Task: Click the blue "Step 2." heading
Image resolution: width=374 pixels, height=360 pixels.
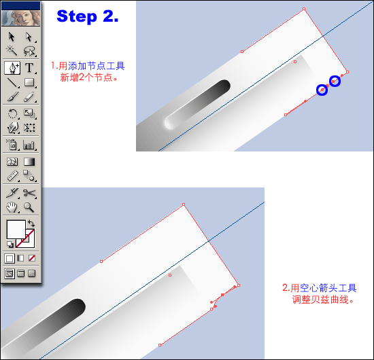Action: [x=88, y=17]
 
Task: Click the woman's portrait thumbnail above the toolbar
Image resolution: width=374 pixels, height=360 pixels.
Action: [x=21, y=18]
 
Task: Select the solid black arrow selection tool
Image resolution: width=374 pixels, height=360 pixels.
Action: [x=12, y=37]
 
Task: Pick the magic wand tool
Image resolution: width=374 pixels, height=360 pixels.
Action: [x=12, y=50]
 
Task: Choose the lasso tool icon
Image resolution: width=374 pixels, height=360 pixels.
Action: [x=29, y=51]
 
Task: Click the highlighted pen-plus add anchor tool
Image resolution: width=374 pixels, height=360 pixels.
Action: [x=12, y=68]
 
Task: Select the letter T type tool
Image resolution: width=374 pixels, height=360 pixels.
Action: [x=29, y=68]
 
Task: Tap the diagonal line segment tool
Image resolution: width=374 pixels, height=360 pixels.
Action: [x=12, y=83]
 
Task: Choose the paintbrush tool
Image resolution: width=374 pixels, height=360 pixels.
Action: [x=13, y=96]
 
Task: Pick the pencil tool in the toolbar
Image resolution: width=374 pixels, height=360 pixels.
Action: [x=29, y=96]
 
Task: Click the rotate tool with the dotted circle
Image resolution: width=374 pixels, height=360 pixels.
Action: [x=12, y=113]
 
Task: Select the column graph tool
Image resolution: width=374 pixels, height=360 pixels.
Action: [x=29, y=145]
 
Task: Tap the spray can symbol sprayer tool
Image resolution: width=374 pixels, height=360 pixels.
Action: [x=12, y=145]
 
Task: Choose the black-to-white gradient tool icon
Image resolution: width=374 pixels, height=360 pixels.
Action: [x=29, y=162]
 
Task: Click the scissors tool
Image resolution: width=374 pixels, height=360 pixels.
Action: [x=29, y=193]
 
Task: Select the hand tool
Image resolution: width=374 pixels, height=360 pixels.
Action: [x=12, y=207]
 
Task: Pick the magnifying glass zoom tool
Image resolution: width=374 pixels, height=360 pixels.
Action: [x=29, y=207]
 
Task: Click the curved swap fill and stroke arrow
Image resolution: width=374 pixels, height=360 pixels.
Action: [x=31, y=223]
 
